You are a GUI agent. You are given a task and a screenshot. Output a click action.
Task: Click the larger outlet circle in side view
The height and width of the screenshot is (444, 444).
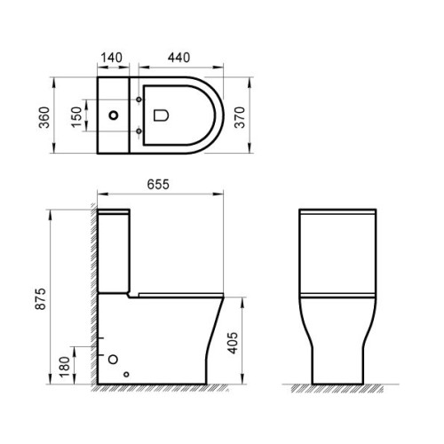[113, 359]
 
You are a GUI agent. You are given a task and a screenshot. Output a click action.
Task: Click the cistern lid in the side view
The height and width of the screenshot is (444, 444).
[114, 214]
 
